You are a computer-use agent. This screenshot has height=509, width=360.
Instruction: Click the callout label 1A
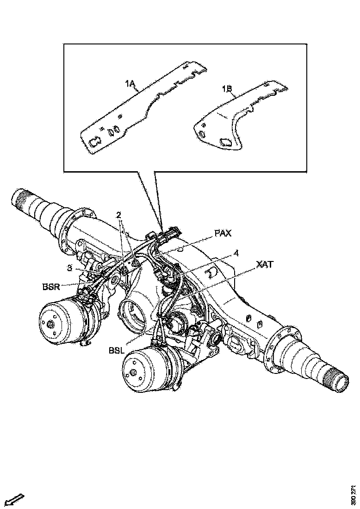tap(130, 84)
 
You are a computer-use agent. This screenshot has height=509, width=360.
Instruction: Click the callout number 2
tap(119, 215)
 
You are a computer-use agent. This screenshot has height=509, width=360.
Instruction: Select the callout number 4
tap(236, 253)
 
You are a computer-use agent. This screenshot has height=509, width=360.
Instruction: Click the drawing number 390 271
tap(354, 495)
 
